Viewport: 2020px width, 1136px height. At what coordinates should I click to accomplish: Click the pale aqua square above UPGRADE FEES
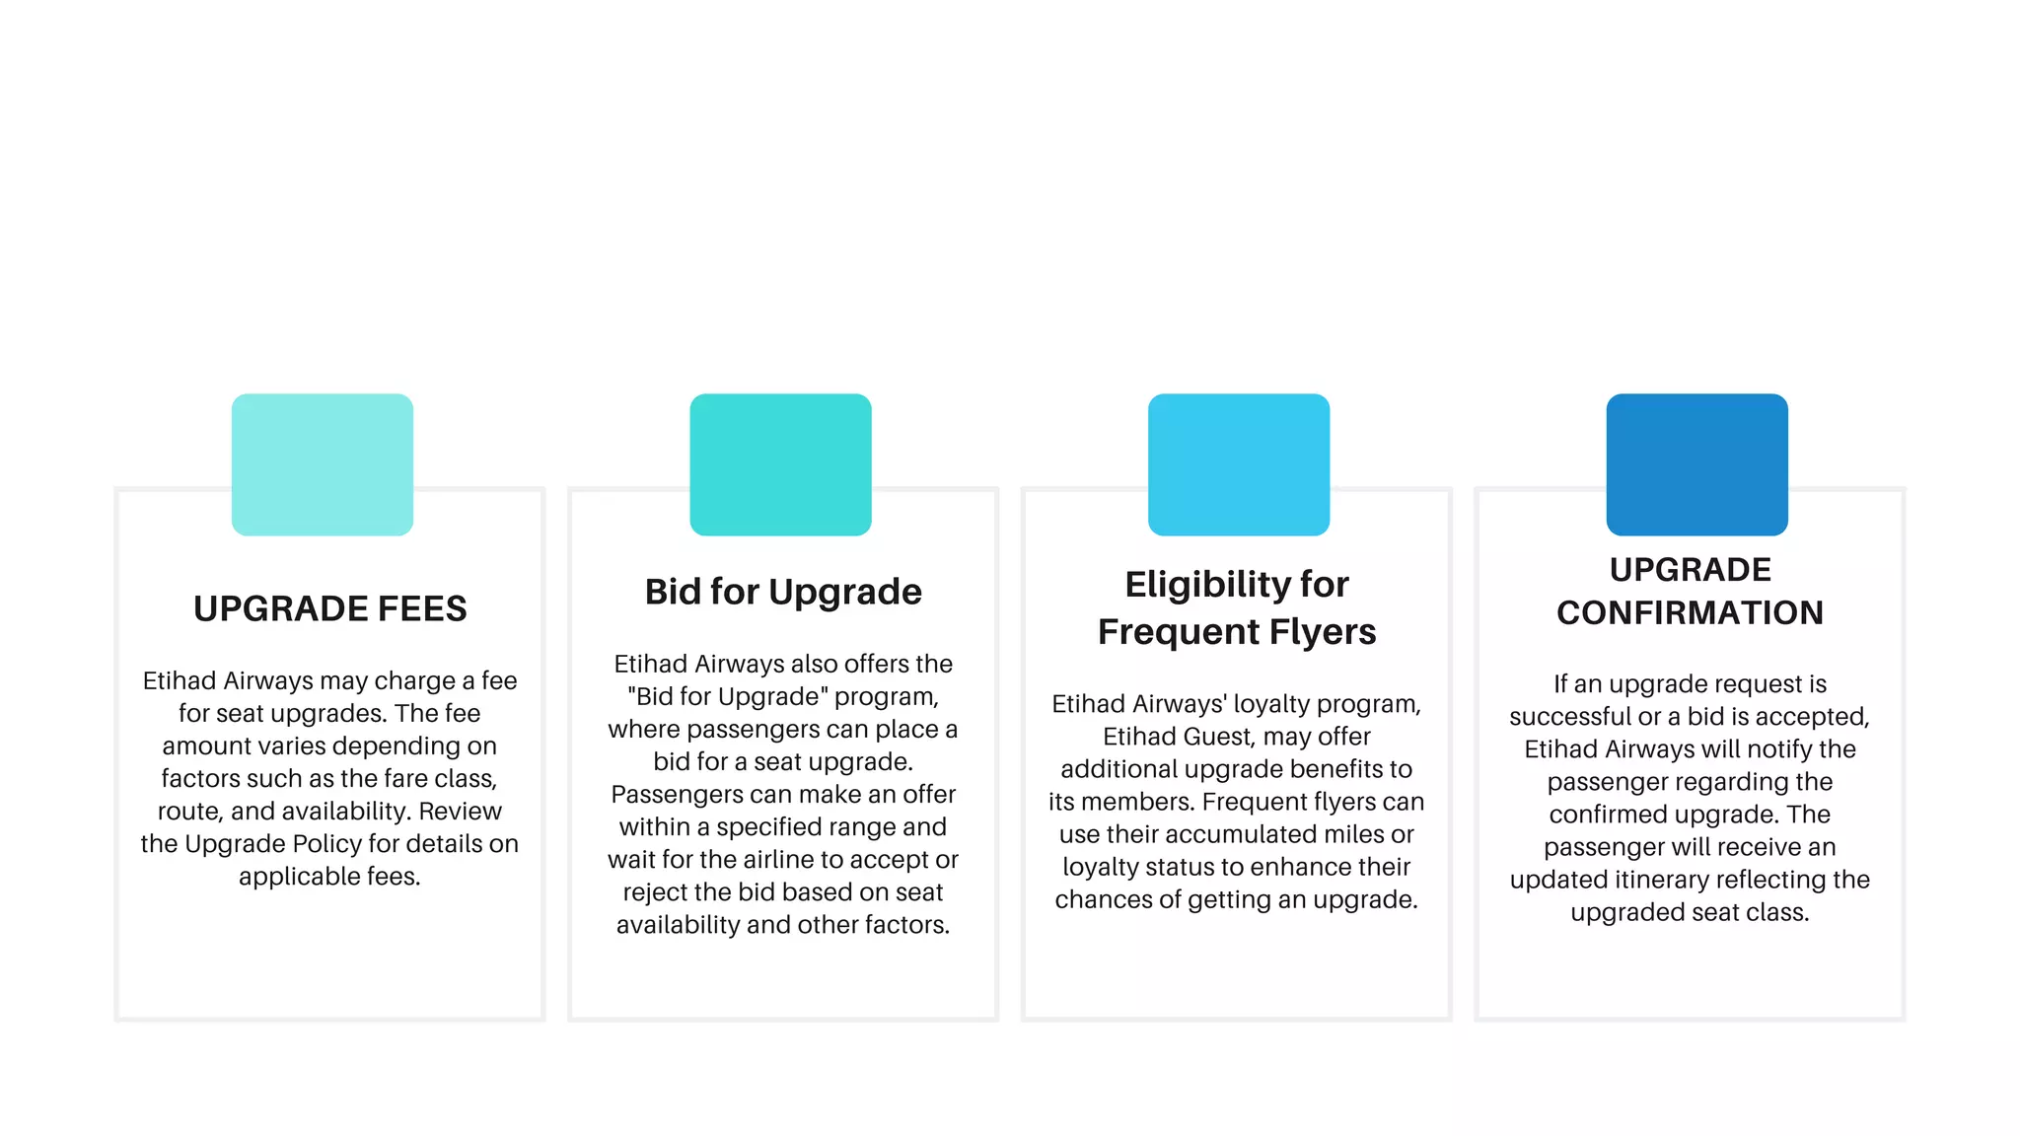(x=322, y=464)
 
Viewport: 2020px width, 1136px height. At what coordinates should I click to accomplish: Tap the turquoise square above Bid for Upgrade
(x=780, y=464)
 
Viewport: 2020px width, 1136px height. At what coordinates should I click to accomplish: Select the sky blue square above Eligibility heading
(x=1238, y=464)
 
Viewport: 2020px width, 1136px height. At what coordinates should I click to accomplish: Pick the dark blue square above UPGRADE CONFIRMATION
(x=1696, y=464)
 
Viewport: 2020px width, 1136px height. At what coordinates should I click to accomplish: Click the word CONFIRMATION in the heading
(x=1690, y=613)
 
